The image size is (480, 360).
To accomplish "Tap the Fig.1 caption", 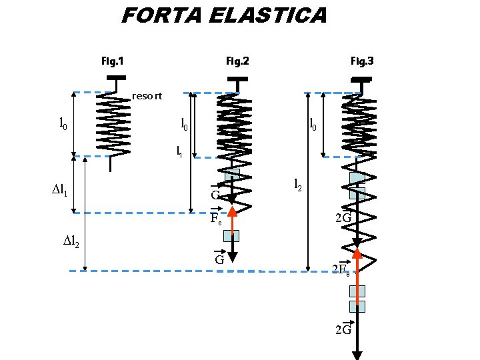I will (112, 61).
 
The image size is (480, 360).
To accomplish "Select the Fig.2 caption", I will (237, 61).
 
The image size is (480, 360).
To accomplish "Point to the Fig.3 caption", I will (362, 61).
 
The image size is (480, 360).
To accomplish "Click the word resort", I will (147, 96).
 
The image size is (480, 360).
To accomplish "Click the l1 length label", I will (179, 152).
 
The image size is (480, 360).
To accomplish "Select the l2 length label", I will (299, 185).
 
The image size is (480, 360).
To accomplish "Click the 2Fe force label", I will (341, 269).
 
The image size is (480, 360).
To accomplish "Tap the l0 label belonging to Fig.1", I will (63, 123).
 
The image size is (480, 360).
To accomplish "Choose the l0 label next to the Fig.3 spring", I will (313, 124).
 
